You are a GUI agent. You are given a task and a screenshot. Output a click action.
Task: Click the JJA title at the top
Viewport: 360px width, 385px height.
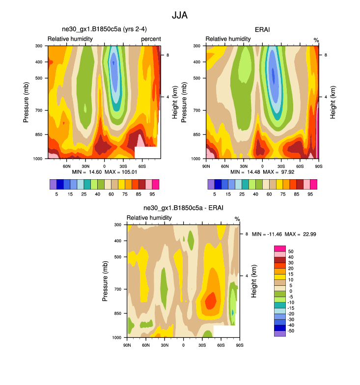click(180, 16)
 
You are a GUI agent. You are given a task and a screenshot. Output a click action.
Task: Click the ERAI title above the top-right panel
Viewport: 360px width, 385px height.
click(263, 30)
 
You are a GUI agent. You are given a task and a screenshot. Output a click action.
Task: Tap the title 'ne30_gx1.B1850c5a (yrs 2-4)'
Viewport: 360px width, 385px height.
click(104, 30)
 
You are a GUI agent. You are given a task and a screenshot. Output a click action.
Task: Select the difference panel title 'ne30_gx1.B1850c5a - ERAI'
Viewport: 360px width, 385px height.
click(183, 208)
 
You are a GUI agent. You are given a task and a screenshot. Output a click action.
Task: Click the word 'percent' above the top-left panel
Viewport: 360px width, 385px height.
click(151, 39)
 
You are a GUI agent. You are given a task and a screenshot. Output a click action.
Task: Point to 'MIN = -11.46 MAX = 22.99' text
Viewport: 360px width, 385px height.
click(284, 234)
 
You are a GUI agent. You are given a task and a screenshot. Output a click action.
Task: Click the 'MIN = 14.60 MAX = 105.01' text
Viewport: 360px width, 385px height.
click(104, 172)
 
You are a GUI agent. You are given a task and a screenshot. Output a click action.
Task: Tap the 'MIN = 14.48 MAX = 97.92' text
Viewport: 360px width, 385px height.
click(262, 172)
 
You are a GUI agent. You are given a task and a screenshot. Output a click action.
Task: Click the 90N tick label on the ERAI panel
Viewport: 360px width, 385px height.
click(206, 166)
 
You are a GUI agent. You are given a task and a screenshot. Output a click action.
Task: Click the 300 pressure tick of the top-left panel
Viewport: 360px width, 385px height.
click(39, 46)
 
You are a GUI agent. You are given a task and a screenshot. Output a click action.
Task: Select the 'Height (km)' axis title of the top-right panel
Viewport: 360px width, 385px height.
click(332, 102)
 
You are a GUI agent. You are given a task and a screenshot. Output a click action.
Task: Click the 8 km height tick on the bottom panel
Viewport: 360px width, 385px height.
click(247, 234)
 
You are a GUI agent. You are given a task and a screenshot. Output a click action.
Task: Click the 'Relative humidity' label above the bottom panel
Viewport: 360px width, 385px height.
click(149, 218)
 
